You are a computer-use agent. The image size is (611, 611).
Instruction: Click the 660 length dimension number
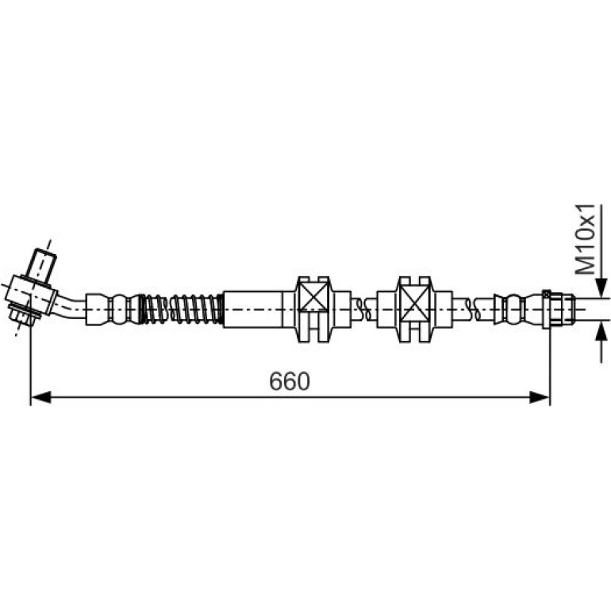pos(289,382)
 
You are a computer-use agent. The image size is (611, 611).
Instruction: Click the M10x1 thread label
pos(586,239)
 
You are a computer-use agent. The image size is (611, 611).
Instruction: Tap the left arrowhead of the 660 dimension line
pos(40,398)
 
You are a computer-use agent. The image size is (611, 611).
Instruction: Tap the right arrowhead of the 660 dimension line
pos(540,398)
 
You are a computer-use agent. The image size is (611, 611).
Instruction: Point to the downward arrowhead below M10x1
pos(602,288)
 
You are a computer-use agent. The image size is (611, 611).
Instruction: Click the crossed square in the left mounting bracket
pos(314,299)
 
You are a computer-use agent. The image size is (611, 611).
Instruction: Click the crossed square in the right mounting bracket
pos(416,299)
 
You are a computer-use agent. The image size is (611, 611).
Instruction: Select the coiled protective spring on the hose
pos(182,309)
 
